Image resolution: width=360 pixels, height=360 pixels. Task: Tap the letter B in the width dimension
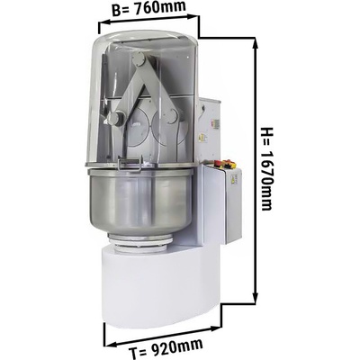tap(116, 12)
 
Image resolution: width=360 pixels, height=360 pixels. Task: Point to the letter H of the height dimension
tap(266, 131)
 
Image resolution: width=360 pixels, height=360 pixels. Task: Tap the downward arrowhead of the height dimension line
tap(255, 297)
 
